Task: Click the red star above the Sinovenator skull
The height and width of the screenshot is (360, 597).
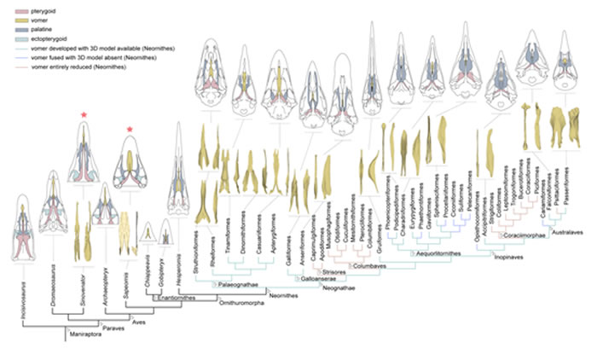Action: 83,115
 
